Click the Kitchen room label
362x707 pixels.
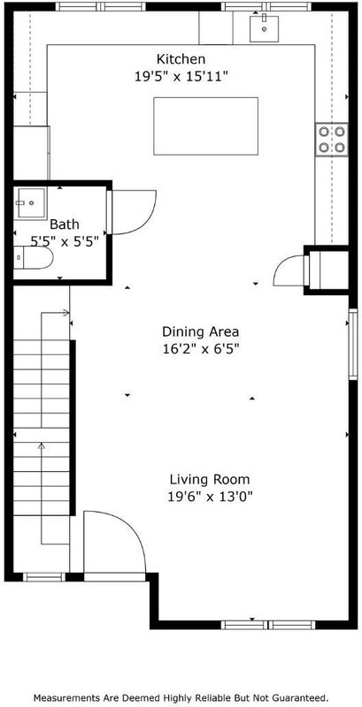pyautogui.click(x=181, y=59)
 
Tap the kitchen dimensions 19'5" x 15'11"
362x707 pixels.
pyautogui.click(x=181, y=77)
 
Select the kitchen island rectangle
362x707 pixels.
pyautogui.click(x=206, y=126)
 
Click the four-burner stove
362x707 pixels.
pyautogui.click(x=332, y=140)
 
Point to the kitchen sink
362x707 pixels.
pyautogui.click(x=264, y=28)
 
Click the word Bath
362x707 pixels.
pyautogui.click(x=65, y=224)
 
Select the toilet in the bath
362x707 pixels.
pyautogui.click(x=33, y=258)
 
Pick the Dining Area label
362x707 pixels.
pyautogui.click(x=200, y=332)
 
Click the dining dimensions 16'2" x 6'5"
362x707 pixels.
pyautogui.click(x=200, y=349)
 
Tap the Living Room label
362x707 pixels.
pyautogui.click(x=210, y=479)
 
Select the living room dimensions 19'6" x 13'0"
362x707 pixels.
pyautogui.click(x=210, y=497)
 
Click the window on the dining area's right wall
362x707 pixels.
pyautogui.click(x=353, y=344)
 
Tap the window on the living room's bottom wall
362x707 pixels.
pyautogui.click(x=268, y=625)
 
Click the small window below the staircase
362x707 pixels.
pyautogui.click(x=44, y=577)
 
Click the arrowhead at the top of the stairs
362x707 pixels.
pyautogui.click(x=66, y=313)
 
